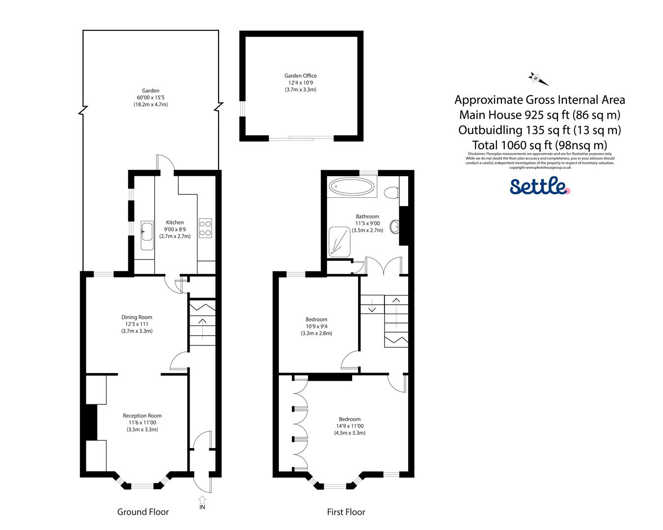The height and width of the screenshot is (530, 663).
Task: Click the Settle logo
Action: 539,186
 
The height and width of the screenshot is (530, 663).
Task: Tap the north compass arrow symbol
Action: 538,79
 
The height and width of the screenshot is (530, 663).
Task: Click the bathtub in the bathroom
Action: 352,186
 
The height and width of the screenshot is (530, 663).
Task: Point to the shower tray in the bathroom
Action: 340,241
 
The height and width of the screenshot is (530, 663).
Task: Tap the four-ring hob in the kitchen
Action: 205,228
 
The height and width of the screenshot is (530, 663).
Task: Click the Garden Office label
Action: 300,76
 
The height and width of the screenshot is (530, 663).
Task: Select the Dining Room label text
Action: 137,317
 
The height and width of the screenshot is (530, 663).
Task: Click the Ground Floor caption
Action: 143,512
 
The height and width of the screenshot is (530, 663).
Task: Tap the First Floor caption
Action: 346,512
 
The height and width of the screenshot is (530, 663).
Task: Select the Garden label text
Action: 151,91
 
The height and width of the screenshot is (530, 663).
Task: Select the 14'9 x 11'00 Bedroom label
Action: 350,426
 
